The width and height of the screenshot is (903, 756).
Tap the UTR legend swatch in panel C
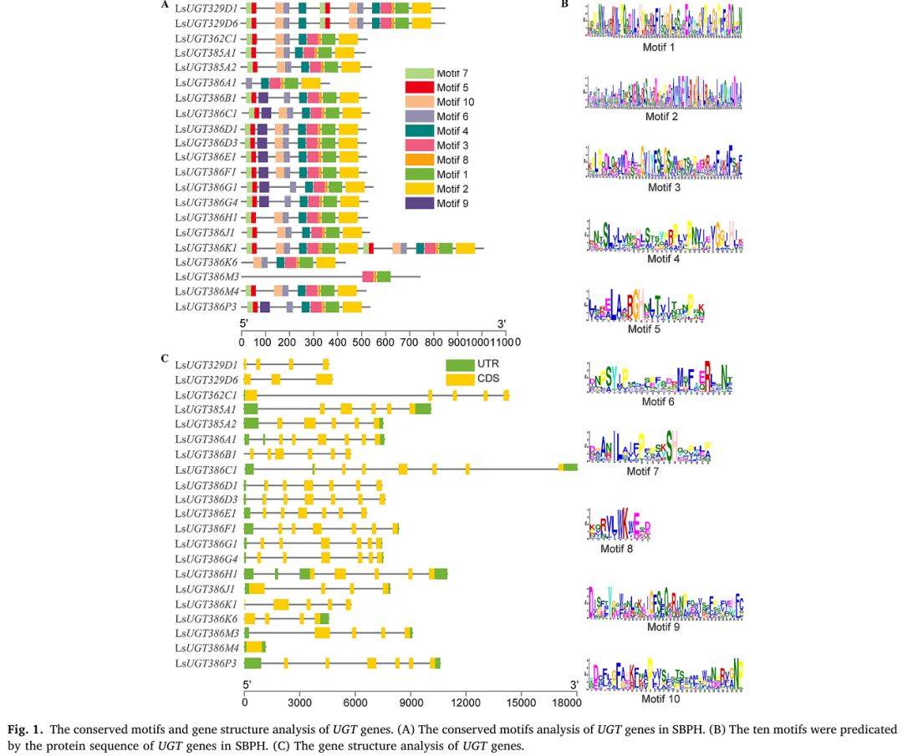click(459, 365)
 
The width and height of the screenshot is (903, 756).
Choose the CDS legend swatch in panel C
click(459, 380)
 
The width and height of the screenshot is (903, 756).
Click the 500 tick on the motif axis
click(361, 342)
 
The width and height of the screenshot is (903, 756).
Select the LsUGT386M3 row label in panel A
click(207, 277)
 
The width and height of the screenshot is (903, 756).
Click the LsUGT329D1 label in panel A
click(207, 8)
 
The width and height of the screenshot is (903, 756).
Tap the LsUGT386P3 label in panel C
click(207, 663)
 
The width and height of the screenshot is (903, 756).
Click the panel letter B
click(564, 5)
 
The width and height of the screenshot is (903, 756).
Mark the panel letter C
click(165, 358)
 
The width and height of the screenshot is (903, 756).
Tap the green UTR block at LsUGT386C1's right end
click(570, 467)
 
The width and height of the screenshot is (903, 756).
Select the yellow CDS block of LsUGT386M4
click(253, 647)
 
